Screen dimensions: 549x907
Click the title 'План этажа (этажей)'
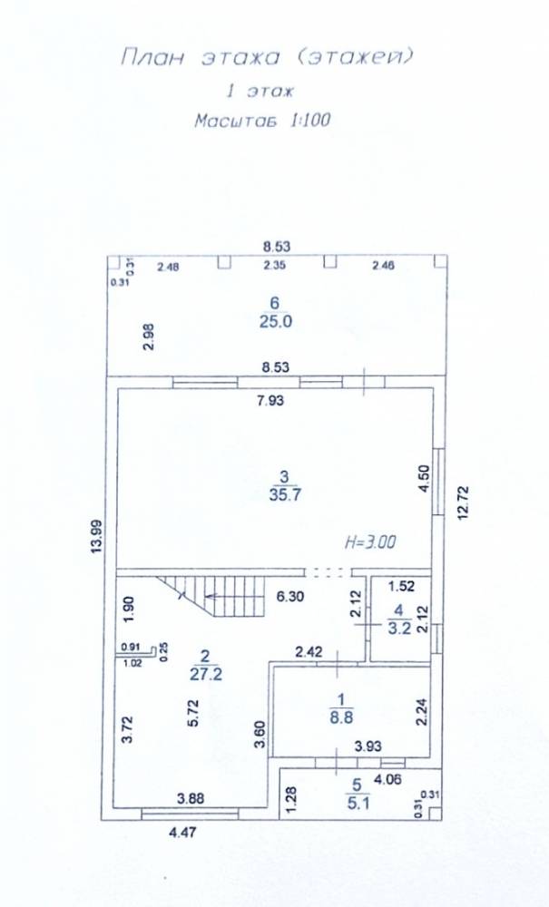(x=268, y=58)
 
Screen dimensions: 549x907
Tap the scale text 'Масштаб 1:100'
(x=262, y=121)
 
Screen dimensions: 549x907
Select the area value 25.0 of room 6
(x=275, y=322)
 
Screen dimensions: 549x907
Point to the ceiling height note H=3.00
(x=370, y=542)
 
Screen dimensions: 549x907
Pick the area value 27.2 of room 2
(x=206, y=675)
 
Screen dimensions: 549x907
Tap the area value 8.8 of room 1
(x=341, y=717)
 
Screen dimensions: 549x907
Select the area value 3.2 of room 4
(x=399, y=629)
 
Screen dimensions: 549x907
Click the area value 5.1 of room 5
(x=357, y=803)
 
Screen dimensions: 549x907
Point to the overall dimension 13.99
(x=96, y=538)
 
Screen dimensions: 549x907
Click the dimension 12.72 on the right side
(x=464, y=503)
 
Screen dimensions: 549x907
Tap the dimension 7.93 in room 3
(x=270, y=400)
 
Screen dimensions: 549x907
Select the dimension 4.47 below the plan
(x=182, y=833)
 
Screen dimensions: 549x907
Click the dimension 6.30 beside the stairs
(x=289, y=597)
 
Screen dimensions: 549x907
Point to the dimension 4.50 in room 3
(x=424, y=479)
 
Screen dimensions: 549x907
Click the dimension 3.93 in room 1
(x=368, y=746)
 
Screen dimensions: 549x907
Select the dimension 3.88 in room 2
(x=191, y=799)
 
